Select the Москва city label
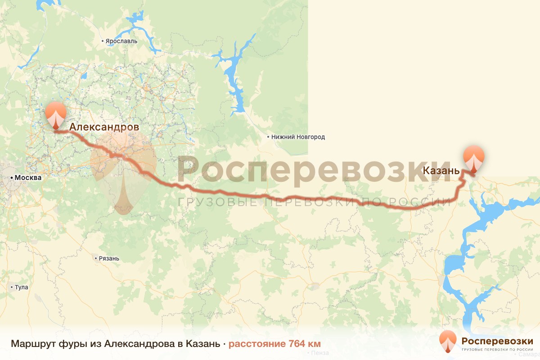click(x=28, y=178)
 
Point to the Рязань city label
click(x=108, y=258)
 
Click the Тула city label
click(x=22, y=287)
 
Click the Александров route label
click(x=104, y=127)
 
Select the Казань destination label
click(x=441, y=171)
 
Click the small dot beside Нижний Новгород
click(x=268, y=137)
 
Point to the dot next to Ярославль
click(x=103, y=41)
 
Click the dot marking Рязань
click(x=96, y=258)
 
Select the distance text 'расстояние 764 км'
click(x=274, y=344)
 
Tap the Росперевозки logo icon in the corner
click(x=448, y=341)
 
